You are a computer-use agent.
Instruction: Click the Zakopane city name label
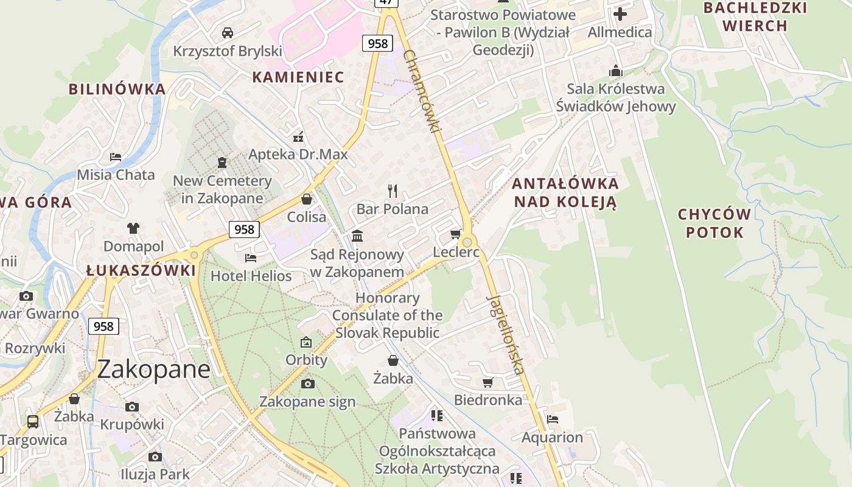tap(153, 369)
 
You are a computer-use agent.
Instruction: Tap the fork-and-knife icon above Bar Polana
tap(393, 191)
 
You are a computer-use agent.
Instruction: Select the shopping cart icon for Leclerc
tap(455, 234)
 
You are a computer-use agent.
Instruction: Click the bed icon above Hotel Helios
tap(251, 258)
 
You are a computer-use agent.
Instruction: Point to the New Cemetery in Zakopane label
tap(222, 189)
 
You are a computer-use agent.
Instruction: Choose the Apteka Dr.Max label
tap(298, 155)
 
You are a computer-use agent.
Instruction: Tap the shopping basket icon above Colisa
tap(307, 199)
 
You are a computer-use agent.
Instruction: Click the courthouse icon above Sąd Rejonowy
tap(357, 236)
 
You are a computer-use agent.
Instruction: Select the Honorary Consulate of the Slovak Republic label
tap(387, 315)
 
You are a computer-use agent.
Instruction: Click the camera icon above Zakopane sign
tap(308, 384)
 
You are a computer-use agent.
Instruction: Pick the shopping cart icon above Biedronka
tap(487, 382)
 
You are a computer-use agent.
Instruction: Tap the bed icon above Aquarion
tap(553, 419)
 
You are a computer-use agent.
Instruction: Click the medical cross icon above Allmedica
tap(620, 13)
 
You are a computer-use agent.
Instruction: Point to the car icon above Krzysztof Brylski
tap(228, 32)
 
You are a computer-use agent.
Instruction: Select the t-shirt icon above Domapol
tap(133, 228)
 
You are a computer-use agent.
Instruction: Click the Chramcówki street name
tap(422, 91)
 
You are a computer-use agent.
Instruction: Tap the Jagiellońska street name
tap(506, 334)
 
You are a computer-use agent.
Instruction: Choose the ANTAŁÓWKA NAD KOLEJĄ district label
tap(565, 192)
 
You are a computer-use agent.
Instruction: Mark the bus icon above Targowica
tap(33, 421)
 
